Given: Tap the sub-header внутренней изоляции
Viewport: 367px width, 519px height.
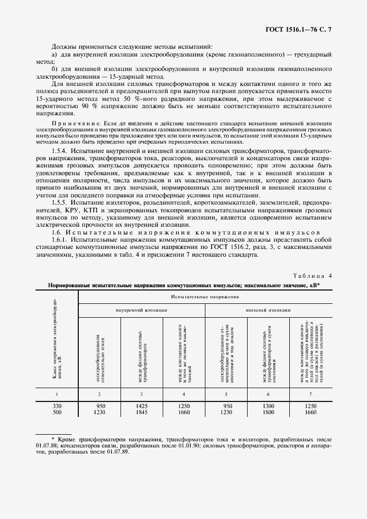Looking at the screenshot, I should click(x=141, y=311).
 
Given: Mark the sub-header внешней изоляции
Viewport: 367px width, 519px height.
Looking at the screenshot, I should click(x=268, y=311).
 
